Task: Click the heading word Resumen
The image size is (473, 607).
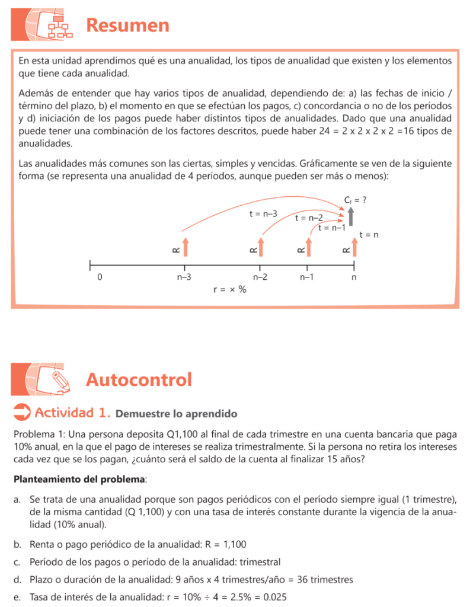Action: pyautogui.click(x=127, y=25)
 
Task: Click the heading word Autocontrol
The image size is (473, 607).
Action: pyautogui.click(x=139, y=379)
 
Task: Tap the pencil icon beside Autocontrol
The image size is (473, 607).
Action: pyautogui.click(x=60, y=380)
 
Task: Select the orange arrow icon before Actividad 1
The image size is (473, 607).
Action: pyautogui.click(x=21, y=412)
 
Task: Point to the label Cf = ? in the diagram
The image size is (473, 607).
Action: pyautogui.click(x=355, y=200)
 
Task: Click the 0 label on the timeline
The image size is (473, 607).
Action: pyautogui.click(x=99, y=276)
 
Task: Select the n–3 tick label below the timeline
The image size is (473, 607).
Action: pyautogui.click(x=184, y=276)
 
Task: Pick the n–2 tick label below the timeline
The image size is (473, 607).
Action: pyautogui.click(x=260, y=276)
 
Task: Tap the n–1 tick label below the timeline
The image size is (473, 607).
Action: pyautogui.click(x=306, y=276)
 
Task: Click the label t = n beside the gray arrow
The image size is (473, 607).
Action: pyautogui.click(x=369, y=235)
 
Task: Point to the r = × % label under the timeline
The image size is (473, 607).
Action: pyautogui.click(x=229, y=290)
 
